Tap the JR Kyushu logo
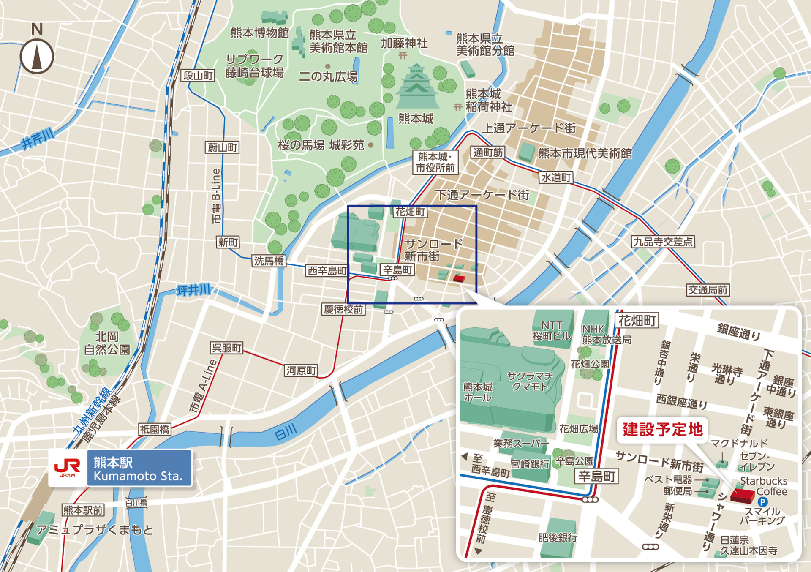tap(68, 468)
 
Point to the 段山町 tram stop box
tap(198, 76)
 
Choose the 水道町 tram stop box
tap(556, 177)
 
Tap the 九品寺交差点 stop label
tap(663, 242)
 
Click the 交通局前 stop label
tap(708, 290)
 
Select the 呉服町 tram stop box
tap(226, 348)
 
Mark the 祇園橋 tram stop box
tap(155, 430)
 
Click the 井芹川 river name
tap(38, 139)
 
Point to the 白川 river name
tap(286, 432)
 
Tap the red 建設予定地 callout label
tap(662, 430)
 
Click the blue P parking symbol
tap(762, 502)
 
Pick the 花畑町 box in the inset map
tap(637, 321)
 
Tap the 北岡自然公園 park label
tap(106, 343)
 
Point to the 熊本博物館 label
tap(259, 33)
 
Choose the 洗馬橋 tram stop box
tap(269, 261)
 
